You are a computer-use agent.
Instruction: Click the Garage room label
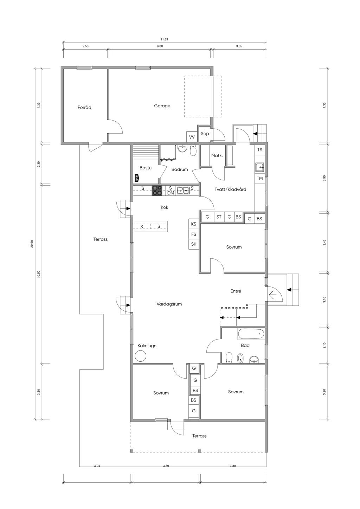(x=162, y=106)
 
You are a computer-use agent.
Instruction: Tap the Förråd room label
(x=84, y=107)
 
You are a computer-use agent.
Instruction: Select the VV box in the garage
(x=192, y=137)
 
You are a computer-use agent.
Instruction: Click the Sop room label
(x=205, y=133)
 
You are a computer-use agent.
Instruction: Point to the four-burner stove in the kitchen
(x=157, y=191)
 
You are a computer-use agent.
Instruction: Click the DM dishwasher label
(x=171, y=193)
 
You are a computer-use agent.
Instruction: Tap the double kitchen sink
(x=183, y=191)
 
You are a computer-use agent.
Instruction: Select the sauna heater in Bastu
(x=137, y=178)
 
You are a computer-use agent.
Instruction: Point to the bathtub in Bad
(x=251, y=334)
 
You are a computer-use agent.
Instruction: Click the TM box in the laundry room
(x=260, y=178)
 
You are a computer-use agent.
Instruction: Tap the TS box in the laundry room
(x=260, y=149)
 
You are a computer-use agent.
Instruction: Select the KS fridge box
(x=194, y=224)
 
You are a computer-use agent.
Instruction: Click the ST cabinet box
(x=219, y=217)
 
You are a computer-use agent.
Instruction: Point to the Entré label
(x=236, y=291)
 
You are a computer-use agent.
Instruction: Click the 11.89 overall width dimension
(x=164, y=39)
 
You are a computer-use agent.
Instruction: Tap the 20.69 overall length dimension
(x=32, y=244)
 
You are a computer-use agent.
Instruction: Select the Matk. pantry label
(x=217, y=156)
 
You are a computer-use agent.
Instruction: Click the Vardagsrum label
(x=169, y=304)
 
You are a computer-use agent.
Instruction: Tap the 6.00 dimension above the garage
(x=160, y=46)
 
